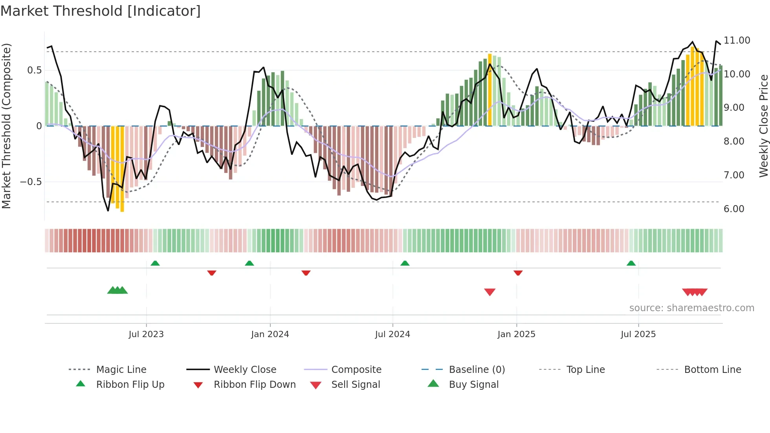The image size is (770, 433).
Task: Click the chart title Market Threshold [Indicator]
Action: click(101, 11)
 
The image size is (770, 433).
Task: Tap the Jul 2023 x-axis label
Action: click(146, 334)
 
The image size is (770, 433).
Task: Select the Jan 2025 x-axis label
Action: click(516, 334)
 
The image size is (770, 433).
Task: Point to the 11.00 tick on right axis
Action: click(737, 40)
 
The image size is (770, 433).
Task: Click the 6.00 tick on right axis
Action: click(734, 209)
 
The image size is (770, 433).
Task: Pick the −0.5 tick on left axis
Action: click(31, 182)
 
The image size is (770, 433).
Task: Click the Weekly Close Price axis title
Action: click(763, 126)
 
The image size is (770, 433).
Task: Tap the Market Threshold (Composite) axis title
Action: click(6, 126)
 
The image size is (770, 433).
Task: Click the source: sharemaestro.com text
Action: click(691, 308)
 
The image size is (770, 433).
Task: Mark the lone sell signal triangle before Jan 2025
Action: click(489, 292)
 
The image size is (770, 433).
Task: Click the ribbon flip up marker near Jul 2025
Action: click(631, 263)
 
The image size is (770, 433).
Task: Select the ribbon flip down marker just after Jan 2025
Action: click(518, 273)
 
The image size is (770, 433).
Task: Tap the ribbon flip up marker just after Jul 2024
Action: click(405, 263)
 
